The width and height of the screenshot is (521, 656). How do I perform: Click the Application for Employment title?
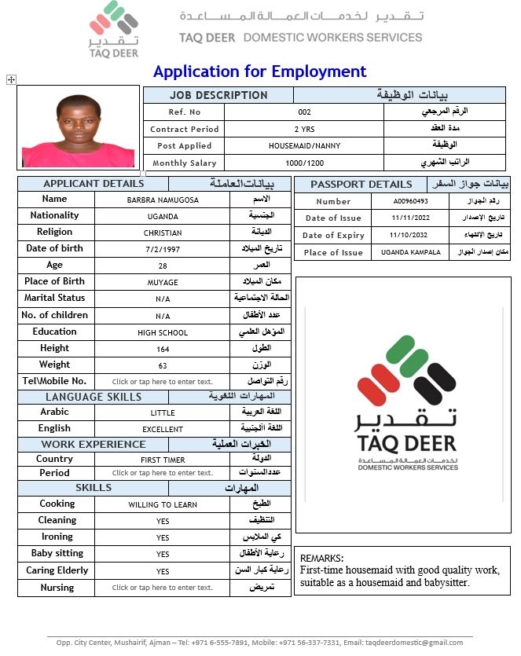click(259, 71)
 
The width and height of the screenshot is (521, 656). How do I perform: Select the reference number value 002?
click(304, 112)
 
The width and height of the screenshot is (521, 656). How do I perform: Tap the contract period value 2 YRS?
click(304, 129)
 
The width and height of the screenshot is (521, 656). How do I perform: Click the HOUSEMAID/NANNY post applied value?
click(304, 146)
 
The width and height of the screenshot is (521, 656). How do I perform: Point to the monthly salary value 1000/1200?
click(304, 163)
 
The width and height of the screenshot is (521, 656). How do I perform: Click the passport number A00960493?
click(411, 201)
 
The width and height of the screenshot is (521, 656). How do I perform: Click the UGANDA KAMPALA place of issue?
click(411, 252)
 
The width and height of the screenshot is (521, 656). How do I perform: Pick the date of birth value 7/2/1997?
click(163, 249)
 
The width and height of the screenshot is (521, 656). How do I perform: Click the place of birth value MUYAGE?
click(163, 283)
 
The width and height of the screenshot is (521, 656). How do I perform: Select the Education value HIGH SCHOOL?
click(163, 332)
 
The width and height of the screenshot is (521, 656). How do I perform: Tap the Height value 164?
click(163, 349)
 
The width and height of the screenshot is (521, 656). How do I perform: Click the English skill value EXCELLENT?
click(163, 430)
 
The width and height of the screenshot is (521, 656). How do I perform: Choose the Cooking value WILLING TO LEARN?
click(163, 504)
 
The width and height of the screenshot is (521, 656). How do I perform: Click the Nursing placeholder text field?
click(163, 588)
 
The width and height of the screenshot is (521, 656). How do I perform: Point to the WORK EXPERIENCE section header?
click(94, 445)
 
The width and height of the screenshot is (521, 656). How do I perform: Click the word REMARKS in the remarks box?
click(321, 558)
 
